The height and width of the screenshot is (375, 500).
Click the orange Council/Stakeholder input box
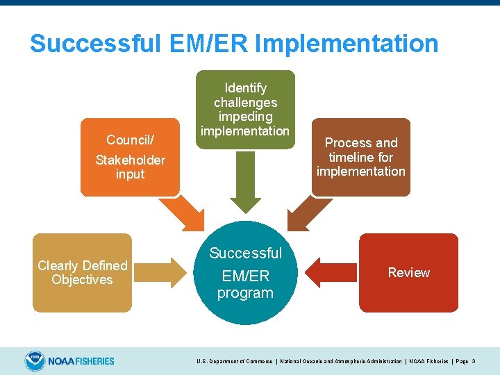[130, 157]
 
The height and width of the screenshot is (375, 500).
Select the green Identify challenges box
[244, 109]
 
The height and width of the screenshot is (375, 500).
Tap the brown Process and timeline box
[361, 157]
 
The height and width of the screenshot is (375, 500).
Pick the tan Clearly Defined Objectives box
[82, 272]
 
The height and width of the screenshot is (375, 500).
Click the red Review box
[408, 272]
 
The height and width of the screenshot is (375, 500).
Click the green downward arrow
[244, 181]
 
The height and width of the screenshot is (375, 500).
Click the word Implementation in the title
[347, 44]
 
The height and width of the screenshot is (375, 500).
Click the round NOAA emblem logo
[34, 360]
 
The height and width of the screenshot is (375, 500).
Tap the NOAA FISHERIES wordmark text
[81, 361]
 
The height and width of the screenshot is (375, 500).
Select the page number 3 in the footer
[473, 361]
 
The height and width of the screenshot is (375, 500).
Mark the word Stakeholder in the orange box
[130, 160]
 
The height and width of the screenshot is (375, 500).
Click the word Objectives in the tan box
[82, 280]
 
